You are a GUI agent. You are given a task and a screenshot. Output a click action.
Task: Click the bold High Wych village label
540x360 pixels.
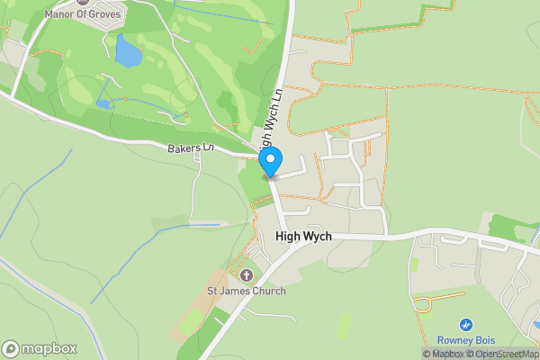tap(303, 236)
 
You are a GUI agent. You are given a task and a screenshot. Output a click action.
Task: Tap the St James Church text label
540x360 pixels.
tap(247, 291)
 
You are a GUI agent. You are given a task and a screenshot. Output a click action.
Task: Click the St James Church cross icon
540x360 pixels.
tap(247, 274)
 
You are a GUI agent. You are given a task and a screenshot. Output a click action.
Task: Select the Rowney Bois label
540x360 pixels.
tap(466, 339)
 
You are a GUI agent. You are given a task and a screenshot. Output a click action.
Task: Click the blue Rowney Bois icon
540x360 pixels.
tap(466, 324)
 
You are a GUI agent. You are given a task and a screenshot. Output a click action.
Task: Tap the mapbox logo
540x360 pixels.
tap(39, 348)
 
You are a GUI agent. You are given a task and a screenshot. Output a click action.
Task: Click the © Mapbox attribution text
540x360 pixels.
tap(443, 354)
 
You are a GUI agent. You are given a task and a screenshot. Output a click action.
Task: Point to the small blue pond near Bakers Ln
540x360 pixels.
tap(103, 104)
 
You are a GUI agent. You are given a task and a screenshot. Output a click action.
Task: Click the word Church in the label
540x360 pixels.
tap(267, 291)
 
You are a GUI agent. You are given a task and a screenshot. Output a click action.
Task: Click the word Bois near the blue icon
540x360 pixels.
tap(484, 339)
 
